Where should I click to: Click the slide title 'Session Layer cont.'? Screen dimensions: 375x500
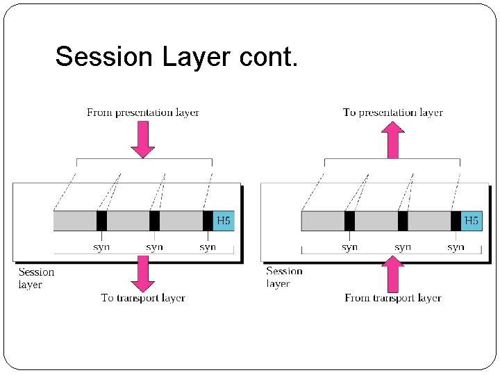[x=176, y=57]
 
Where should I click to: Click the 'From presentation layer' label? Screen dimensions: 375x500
[x=143, y=112]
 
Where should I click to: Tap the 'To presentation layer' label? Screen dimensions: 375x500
[x=393, y=112]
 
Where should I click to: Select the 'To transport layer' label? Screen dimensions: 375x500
[x=143, y=298]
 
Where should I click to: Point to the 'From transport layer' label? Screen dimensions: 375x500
[x=393, y=298]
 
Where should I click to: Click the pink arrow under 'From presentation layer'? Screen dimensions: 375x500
[x=143, y=139]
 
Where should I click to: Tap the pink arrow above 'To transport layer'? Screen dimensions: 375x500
[x=143, y=273]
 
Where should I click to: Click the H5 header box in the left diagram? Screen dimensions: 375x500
[x=224, y=221]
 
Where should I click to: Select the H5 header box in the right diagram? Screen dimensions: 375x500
[x=472, y=221]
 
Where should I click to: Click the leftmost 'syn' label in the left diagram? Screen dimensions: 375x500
[x=101, y=247]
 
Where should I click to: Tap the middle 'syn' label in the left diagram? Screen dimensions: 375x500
[x=154, y=247]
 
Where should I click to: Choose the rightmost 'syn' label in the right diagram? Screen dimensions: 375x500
[x=456, y=247]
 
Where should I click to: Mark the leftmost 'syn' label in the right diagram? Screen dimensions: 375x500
[x=349, y=247]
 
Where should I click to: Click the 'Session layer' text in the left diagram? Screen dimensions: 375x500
[x=36, y=278]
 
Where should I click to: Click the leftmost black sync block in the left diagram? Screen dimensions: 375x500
[x=101, y=221]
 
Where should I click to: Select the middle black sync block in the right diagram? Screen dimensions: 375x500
[x=403, y=221]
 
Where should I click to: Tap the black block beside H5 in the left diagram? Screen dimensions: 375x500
[x=208, y=221]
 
